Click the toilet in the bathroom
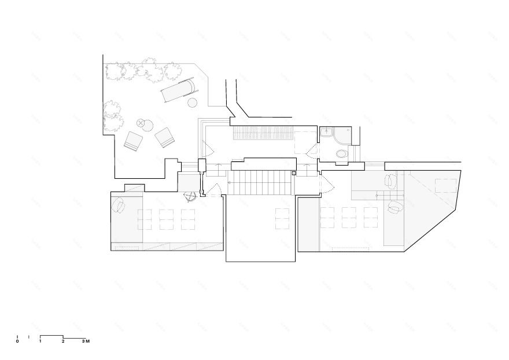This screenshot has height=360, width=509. point(341,154)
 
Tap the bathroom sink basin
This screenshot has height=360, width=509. point(326,132)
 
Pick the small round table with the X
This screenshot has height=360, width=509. point(141,122)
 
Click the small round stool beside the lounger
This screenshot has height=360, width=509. point(193,103)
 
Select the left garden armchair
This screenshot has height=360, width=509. point(133,141)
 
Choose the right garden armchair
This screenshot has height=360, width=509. point(165,137)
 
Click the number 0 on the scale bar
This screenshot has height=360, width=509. point(17,341)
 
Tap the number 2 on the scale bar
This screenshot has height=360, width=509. point(63,341)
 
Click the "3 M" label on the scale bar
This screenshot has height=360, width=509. point(85,341)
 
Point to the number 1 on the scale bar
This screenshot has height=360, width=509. point(40,341)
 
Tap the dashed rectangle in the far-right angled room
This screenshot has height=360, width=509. point(445,186)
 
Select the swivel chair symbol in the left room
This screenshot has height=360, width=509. point(189,196)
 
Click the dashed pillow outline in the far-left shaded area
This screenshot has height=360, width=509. point(119,205)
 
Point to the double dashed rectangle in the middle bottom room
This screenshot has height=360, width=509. point(282,219)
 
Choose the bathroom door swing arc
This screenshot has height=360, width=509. point(311,152)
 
